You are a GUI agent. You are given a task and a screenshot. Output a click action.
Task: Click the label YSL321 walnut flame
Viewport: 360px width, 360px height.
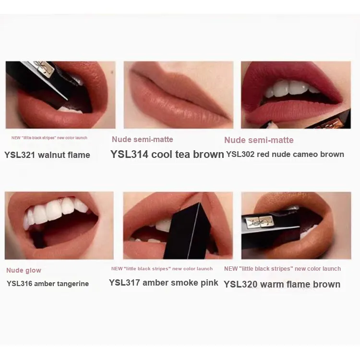coord(48,155)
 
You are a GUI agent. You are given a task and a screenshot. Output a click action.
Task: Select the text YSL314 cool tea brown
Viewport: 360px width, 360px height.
coord(167,154)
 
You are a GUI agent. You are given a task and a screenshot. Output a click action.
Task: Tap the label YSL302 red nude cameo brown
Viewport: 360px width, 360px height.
coord(285,154)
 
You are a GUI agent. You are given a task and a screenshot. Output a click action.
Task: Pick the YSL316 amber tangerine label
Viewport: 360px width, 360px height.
coord(48,284)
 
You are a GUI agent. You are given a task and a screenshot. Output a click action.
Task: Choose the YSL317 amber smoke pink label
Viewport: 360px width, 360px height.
coord(164,283)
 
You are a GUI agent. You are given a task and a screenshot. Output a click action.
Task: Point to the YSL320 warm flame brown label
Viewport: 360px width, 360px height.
coord(282,284)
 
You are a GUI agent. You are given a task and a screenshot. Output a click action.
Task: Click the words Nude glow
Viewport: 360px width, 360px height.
coord(24,270)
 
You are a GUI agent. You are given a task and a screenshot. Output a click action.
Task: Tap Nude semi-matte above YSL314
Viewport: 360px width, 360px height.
coord(143,139)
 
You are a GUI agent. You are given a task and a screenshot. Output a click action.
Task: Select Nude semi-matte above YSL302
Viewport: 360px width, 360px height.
coord(259,140)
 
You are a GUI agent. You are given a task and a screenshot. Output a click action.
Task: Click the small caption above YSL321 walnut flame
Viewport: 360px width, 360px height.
coord(49,138)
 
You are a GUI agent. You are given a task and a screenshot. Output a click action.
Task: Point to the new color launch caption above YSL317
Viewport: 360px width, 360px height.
coord(162,269)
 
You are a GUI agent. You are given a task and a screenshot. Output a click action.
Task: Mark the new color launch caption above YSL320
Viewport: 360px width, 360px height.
coord(282,269)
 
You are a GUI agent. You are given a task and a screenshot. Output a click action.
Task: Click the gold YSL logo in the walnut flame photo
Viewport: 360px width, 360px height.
coord(44,69)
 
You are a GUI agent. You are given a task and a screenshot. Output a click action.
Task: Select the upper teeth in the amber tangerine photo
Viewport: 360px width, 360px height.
coord(56,212)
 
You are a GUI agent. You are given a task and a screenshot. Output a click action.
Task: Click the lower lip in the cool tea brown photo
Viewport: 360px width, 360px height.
coord(177,110)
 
